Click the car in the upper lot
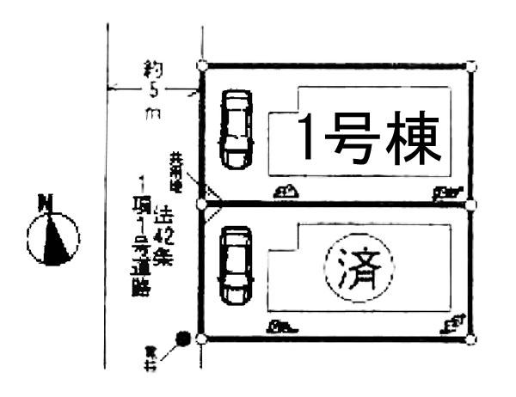pos(235,130)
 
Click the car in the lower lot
pos(235,264)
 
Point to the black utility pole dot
pos(181,338)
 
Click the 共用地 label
pos(177,170)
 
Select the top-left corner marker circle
pos(201,64)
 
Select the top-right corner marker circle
pos(470,65)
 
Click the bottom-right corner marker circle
pos(470,339)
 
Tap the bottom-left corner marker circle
pos(201,339)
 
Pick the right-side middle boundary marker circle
pos(470,205)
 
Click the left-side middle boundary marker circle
pos(201,205)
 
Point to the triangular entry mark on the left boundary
pos(214,205)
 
